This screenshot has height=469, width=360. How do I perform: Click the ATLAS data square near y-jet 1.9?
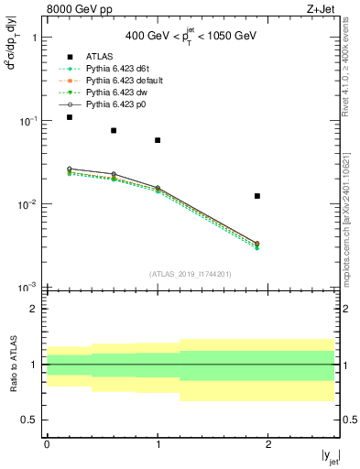coord(257,196)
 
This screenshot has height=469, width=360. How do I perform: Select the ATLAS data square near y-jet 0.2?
coord(70,117)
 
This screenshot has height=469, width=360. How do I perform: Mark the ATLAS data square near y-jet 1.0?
coord(158,140)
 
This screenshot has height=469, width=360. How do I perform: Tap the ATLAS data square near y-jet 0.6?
coord(114,130)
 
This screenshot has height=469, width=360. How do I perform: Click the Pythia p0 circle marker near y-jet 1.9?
coord(257,244)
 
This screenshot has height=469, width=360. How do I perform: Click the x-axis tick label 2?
coord(268,443)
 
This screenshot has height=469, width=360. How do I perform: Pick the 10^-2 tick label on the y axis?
coord(27,204)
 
